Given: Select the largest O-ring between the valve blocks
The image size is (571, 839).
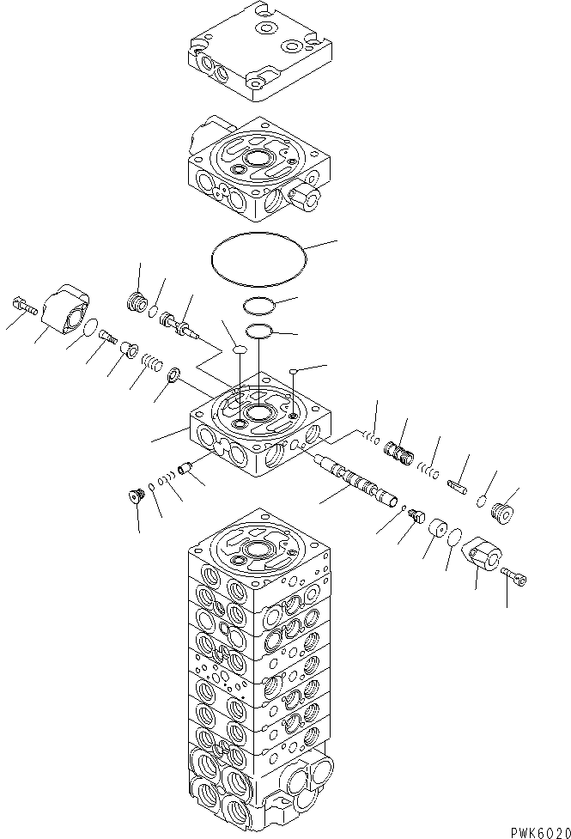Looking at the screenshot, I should click(x=257, y=255).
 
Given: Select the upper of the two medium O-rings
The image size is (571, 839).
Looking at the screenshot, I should click(x=257, y=305).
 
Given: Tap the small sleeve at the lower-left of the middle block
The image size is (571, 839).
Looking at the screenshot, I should click(x=183, y=471).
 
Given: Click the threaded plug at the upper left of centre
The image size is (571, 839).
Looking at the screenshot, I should click(x=136, y=302).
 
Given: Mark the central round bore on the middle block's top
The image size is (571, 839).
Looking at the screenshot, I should click(x=257, y=414).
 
